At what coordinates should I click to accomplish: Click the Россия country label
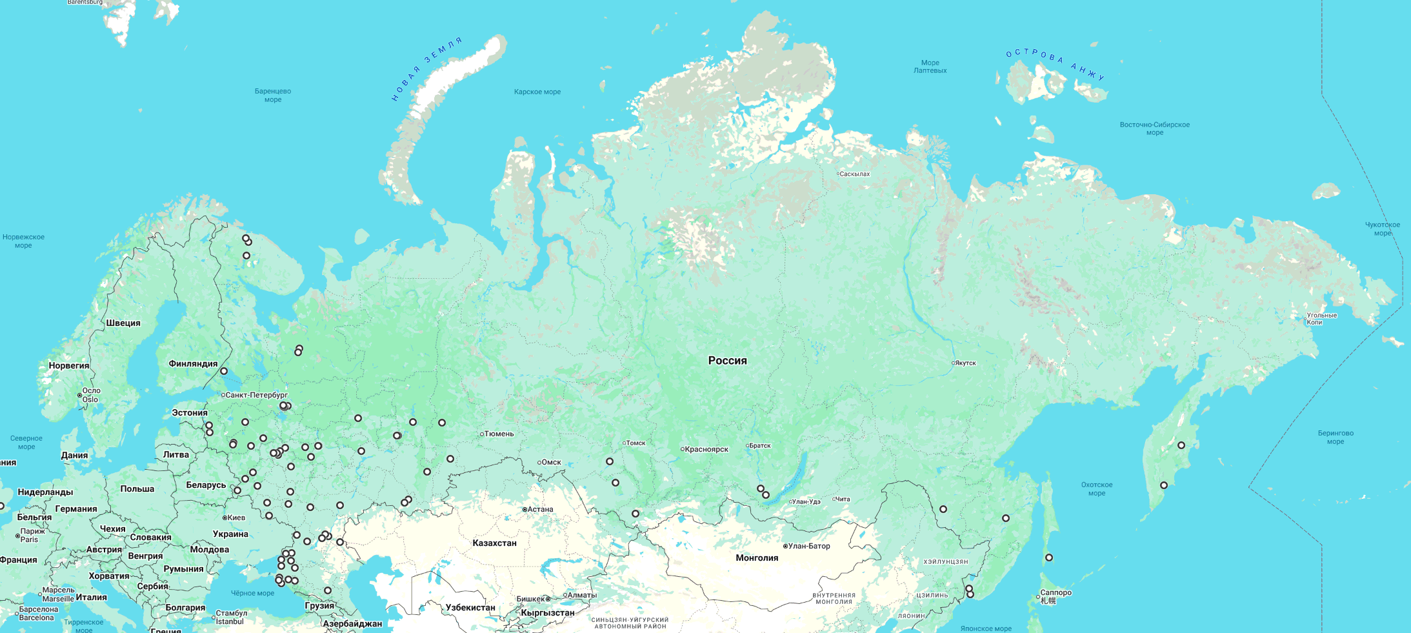click(x=727, y=361)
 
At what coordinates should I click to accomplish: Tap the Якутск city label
click(x=965, y=363)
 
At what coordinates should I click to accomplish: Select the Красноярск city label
click(x=706, y=450)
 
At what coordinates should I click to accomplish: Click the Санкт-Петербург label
click(x=256, y=395)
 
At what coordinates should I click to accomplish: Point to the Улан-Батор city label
click(x=809, y=546)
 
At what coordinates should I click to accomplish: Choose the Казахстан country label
click(x=494, y=543)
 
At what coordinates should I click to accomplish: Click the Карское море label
click(x=537, y=92)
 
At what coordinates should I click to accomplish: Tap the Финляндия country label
click(x=193, y=364)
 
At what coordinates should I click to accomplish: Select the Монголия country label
click(x=757, y=558)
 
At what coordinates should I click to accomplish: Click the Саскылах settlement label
click(x=854, y=174)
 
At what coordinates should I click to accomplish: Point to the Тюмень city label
click(x=499, y=434)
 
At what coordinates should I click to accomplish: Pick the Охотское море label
click(x=1096, y=489)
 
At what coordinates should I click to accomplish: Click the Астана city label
click(x=540, y=510)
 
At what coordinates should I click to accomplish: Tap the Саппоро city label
click(x=1056, y=593)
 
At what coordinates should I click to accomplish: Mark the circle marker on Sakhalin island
click(x=1048, y=558)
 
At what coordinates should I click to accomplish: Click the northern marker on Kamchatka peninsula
click(x=1181, y=445)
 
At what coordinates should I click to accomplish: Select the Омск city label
click(x=551, y=463)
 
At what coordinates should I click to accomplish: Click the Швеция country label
click(x=123, y=323)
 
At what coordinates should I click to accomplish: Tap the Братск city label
click(x=760, y=446)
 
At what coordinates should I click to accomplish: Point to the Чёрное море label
click(x=252, y=594)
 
